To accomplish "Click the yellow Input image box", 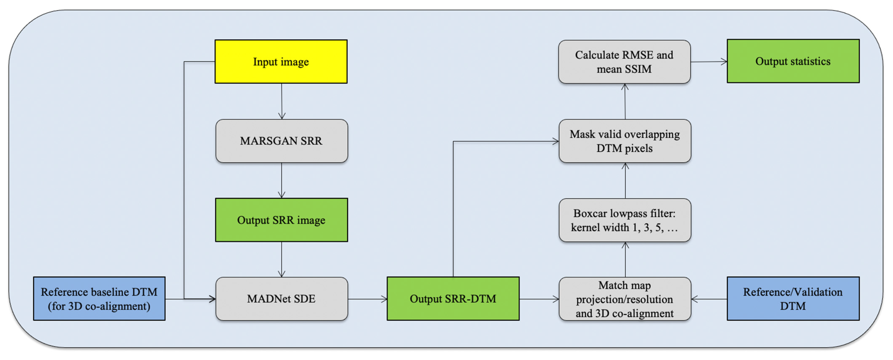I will [x=281, y=62].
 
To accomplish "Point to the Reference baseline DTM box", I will [x=99, y=299].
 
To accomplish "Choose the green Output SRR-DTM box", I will [x=453, y=299].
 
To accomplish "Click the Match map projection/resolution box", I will [x=625, y=299].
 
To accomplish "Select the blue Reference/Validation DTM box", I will [x=793, y=299].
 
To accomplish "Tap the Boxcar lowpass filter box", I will [x=625, y=220].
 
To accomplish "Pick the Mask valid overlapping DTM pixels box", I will [x=625, y=141].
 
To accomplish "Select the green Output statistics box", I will [x=793, y=61].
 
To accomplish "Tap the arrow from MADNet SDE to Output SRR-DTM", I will [x=367, y=299].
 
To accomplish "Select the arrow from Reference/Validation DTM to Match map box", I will [x=709, y=299].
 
